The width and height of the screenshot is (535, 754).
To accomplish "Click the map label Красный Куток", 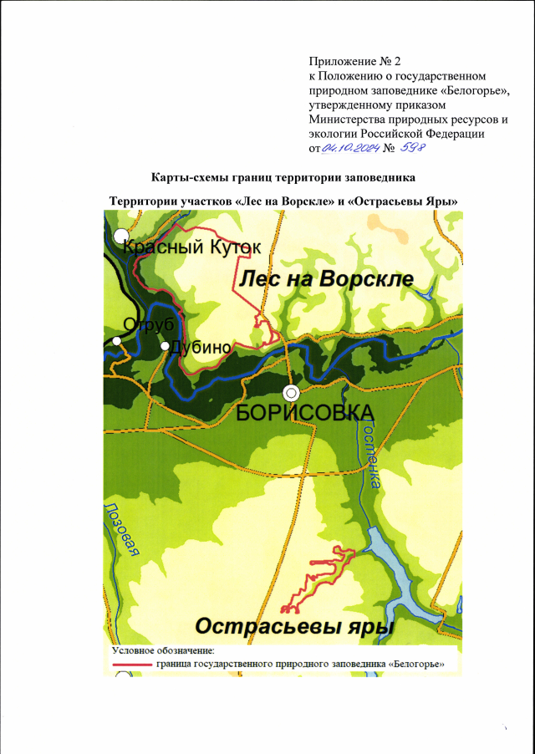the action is pyautogui.click(x=192, y=247).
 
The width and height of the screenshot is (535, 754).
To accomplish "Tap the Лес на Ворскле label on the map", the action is pyautogui.click(x=327, y=279).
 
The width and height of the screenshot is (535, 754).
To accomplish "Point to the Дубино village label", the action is pyautogui.click(x=201, y=349).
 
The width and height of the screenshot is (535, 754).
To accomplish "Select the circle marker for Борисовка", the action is pyautogui.click(x=291, y=392).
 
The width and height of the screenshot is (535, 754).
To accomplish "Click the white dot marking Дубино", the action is pyautogui.click(x=166, y=345).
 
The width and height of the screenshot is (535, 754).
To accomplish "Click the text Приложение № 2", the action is pyautogui.click(x=344, y=62).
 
